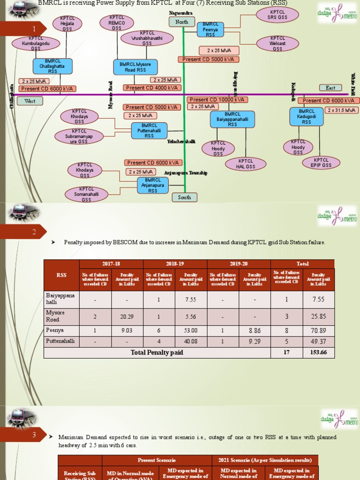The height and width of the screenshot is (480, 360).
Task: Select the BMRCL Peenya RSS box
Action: tap(210, 29)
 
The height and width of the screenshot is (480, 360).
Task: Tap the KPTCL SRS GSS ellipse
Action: tap(277, 15)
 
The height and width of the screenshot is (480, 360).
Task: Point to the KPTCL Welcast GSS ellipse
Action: tap(277, 44)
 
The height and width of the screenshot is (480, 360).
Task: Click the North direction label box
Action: tap(181, 22)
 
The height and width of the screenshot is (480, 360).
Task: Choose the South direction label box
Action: tap(185, 197)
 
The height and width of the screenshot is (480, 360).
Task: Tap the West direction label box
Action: tap(30, 101)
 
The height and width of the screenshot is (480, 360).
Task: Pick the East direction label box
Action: tap(330, 88)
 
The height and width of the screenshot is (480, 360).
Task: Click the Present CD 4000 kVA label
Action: tap(152, 88)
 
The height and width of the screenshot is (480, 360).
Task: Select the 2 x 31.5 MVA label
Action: tap(342, 110)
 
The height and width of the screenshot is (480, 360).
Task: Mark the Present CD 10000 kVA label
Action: tap(217, 99)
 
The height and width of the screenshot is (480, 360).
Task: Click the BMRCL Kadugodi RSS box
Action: tap(307, 117)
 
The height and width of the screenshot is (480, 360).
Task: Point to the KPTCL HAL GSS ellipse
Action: tap(246, 164)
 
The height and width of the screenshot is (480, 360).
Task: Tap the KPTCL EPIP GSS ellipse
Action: tap(321, 162)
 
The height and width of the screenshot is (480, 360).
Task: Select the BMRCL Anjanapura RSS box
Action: tap(153, 185)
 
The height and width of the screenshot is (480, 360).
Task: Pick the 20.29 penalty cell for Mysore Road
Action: tap(127, 317)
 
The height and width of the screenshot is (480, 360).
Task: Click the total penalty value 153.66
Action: tap(319, 352)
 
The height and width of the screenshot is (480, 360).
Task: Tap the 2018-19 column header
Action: tap(175, 264)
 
